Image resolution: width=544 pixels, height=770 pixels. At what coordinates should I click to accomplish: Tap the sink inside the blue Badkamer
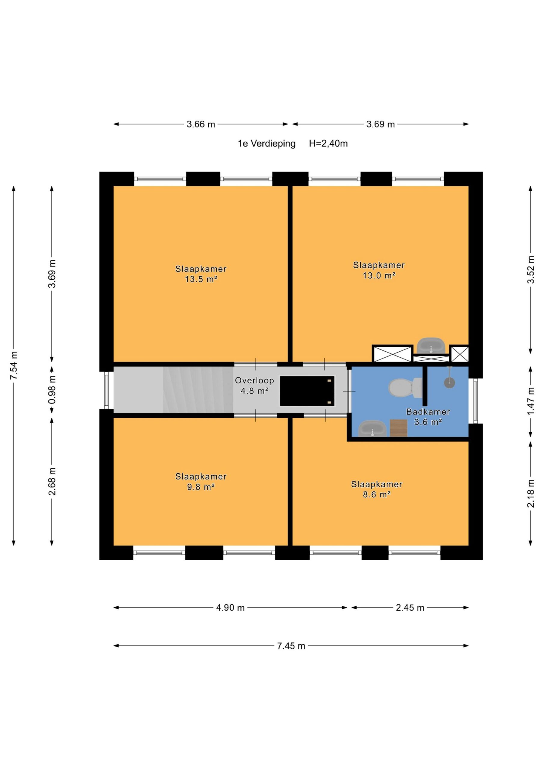372,429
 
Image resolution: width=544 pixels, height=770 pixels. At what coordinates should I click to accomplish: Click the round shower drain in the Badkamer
450,383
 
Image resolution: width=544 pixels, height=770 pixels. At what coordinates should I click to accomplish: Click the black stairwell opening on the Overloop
307,391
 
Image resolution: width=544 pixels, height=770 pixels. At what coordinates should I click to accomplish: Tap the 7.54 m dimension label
14,365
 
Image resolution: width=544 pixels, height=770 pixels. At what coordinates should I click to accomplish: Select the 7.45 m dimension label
291,646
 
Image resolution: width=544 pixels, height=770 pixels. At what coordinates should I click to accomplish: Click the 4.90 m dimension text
230,608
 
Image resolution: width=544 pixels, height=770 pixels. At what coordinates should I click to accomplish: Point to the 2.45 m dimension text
410,608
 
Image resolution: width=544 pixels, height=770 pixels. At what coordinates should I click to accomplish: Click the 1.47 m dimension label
530,401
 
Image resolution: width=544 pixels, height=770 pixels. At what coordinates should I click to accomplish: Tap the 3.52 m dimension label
530,269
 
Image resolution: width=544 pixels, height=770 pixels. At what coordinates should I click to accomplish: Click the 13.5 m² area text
201,279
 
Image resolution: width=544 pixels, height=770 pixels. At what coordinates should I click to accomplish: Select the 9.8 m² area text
201,487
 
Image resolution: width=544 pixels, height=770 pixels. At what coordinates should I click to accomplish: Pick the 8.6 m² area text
377,494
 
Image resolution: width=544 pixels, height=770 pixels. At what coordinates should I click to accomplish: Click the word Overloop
254,381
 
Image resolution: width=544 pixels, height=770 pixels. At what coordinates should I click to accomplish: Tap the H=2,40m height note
328,143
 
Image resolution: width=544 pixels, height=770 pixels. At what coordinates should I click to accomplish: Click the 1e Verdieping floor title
267,144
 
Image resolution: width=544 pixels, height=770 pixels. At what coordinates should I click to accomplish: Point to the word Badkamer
428,412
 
